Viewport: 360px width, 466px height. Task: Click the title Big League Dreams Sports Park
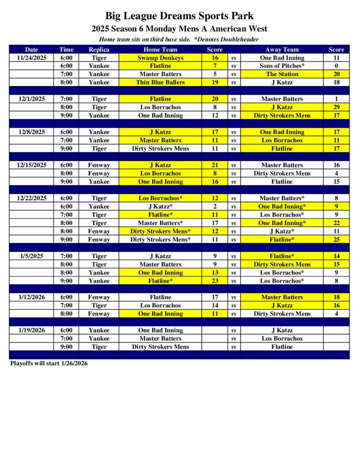(x=179, y=17)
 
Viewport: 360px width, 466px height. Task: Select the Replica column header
(x=99, y=50)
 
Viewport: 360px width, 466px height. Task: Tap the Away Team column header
(x=282, y=50)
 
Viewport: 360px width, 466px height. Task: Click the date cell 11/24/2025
(x=31, y=58)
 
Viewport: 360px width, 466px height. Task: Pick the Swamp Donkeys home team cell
(x=160, y=58)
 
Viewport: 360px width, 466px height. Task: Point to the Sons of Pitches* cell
(x=282, y=66)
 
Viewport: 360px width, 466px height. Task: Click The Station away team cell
(x=282, y=74)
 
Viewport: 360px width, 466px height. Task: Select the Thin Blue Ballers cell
(x=160, y=82)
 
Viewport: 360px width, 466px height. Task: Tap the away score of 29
(x=336, y=107)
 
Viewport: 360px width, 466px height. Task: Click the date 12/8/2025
(x=31, y=132)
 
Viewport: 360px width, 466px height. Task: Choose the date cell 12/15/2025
(x=31, y=165)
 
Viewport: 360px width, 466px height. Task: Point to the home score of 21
(x=215, y=165)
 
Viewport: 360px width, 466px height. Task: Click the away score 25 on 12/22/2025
(x=336, y=239)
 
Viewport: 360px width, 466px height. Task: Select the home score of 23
(x=215, y=281)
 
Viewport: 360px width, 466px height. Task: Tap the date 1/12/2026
(x=31, y=297)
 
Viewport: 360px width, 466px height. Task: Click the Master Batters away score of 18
(x=336, y=297)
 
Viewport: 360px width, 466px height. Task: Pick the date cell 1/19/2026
(x=31, y=330)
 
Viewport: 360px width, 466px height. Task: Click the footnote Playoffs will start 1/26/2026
(x=49, y=364)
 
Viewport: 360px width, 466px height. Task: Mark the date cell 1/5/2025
(x=31, y=256)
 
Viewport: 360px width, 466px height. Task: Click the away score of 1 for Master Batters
(x=336, y=99)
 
